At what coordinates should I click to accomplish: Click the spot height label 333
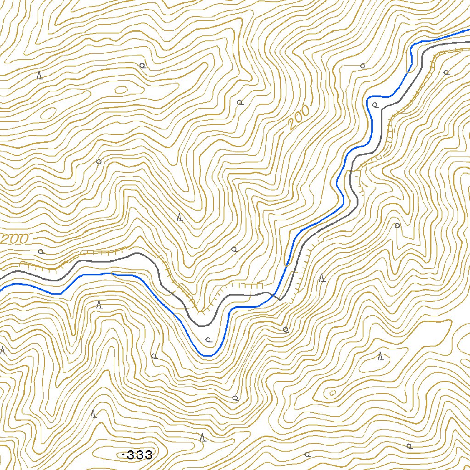139,455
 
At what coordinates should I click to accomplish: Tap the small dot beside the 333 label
124,455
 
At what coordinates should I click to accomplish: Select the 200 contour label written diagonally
299,118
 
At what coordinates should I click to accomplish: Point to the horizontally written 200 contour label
15,239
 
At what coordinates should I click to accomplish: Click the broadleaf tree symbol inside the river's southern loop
208,340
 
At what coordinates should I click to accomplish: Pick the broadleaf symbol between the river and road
375,105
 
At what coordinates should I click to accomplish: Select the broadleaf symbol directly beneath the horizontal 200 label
41,252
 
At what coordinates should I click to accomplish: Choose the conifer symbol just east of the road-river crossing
323,278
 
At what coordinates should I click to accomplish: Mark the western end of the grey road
1,277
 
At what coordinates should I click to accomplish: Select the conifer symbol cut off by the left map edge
3,351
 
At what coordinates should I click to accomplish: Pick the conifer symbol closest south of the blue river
99,304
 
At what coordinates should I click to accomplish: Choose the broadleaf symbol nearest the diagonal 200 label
239,102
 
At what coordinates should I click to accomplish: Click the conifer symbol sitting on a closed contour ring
380,356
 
